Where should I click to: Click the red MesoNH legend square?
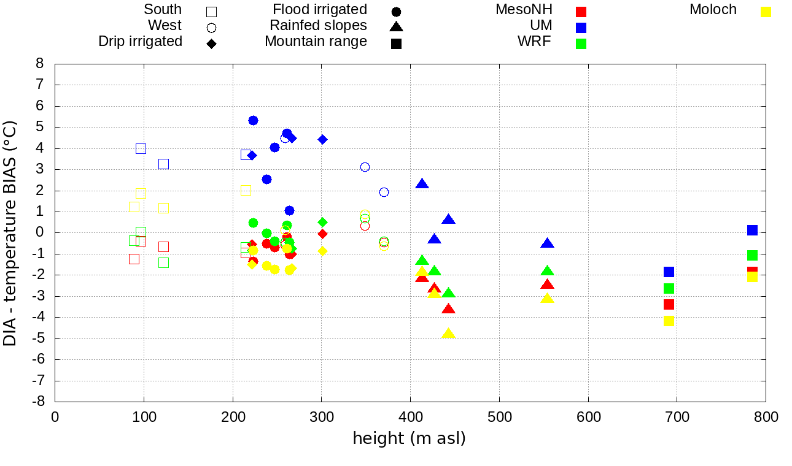point(581,12)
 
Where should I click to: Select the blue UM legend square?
point(581,28)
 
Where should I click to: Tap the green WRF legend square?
point(581,44)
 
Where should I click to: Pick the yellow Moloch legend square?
point(766,12)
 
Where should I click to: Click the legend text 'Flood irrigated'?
point(320,10)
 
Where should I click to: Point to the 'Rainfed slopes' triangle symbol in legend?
point(396,26)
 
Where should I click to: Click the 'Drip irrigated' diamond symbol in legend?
point(211,44)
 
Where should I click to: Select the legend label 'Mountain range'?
point(316,42)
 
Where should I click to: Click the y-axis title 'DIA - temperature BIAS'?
point(10,233)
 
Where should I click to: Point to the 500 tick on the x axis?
point(499,418)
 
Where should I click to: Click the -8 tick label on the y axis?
point(39,402)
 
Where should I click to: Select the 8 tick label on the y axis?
point(41,64)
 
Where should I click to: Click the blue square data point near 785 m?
point(752,230)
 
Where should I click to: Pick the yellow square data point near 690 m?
point(669,321)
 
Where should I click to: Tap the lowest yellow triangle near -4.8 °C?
point(448,334)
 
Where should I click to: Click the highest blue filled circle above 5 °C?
point(253,120)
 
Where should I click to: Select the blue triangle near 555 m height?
point(547,243)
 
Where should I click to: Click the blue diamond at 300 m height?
point(322,139)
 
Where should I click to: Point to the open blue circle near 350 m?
point(365,167)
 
